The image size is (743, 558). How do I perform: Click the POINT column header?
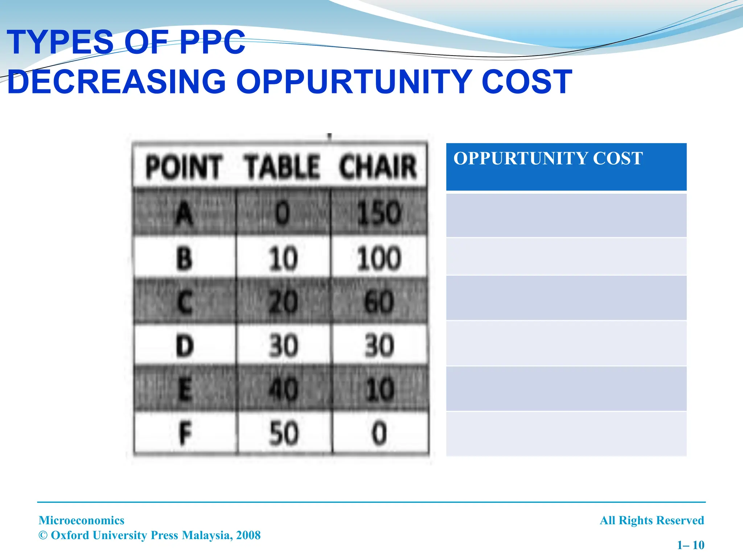click(184, 167)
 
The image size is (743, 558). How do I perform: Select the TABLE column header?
click(283, 167)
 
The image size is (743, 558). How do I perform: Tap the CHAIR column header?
click(378, 167)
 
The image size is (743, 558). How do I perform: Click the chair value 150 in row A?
click(379, 213)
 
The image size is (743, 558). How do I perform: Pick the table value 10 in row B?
click(283, 259)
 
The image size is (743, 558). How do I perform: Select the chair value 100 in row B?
click(379, 259)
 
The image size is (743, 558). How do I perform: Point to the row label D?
click(185, 346)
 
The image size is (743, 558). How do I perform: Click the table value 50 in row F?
click(283, 433)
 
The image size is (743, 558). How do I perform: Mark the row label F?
click(185, 433)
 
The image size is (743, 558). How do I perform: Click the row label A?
click(184, 213)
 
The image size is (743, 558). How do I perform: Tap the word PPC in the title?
click(212, 43)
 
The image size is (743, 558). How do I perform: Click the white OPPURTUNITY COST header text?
click(548, 158)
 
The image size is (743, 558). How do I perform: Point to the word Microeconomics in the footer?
click(82, 520)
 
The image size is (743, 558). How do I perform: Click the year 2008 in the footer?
click(248, 535)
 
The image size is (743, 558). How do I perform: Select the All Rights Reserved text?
click(652, 520)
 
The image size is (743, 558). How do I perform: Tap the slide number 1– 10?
click(691, 545)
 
